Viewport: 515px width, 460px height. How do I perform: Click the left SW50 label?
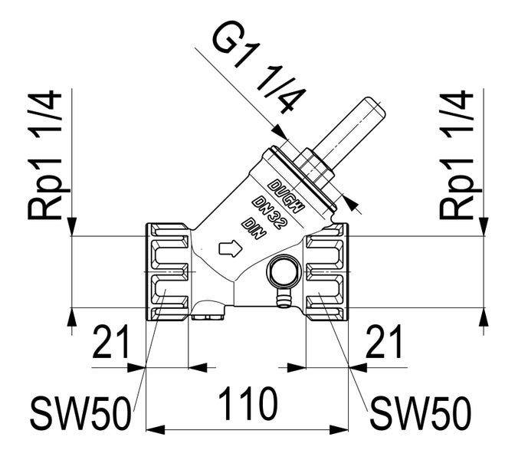click(x=80, y=415)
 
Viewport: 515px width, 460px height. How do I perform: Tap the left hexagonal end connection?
click(x=168, y=272)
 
